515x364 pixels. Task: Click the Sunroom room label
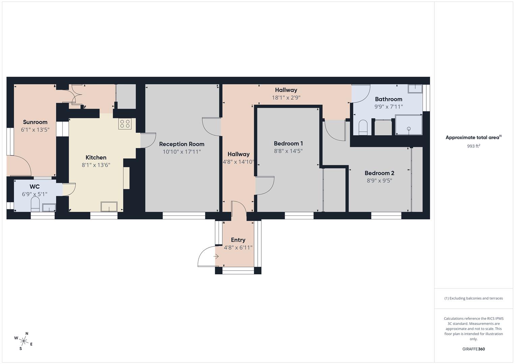click(35, 122)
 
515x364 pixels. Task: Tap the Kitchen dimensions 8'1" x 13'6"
click(96, 165)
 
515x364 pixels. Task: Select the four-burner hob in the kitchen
click(124, 124)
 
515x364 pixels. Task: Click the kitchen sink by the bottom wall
click(109, 206)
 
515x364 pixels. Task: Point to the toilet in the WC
click(35, 204)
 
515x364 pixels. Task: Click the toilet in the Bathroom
click(363, 127)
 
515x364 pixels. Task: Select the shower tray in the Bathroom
click(408, 125)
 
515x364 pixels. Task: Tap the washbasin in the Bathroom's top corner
click(415, 89)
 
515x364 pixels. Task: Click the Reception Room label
click(182, 144)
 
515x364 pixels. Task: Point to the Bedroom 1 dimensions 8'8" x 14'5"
click(288, 151)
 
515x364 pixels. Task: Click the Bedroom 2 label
click(379, 173)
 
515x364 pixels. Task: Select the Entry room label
click(238, 240)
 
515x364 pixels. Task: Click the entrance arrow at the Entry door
click(216, 256)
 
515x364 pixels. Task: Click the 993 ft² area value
click(474, 146)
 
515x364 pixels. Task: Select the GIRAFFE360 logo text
click(474, 349)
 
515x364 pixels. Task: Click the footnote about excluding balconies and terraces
click(474, 298)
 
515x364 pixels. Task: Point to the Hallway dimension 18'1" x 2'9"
click(286, 98)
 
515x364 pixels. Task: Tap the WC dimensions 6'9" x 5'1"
click(35, 194)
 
